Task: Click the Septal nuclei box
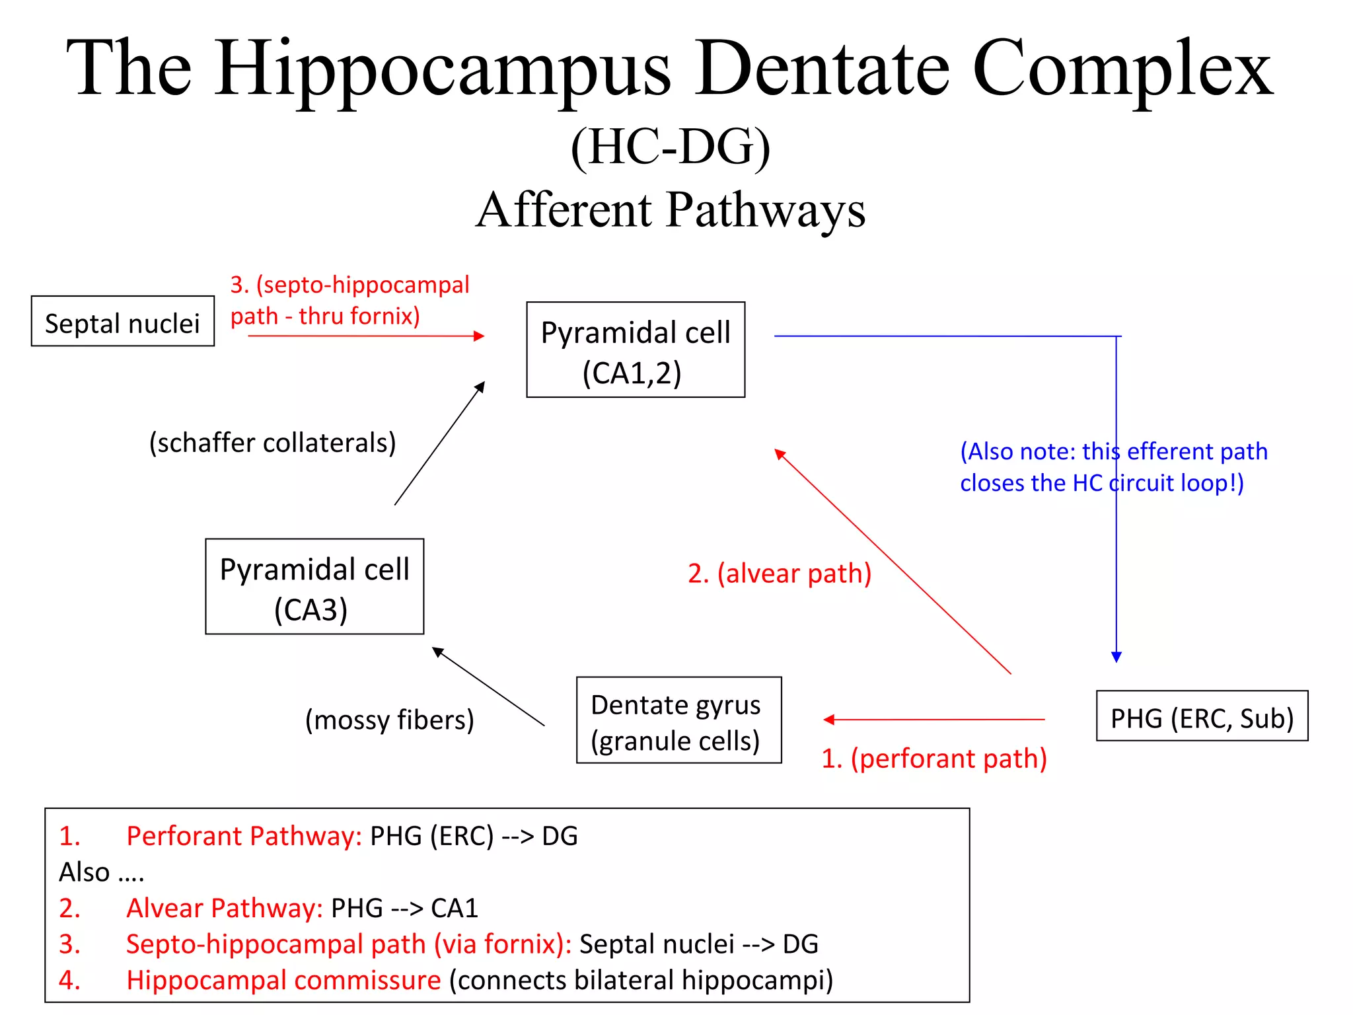point(123,321)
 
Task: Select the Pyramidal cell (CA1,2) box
point(636,350)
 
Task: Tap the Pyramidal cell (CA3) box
point(314,587)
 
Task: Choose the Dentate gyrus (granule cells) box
point(678,720)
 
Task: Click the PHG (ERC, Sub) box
point(1202,716)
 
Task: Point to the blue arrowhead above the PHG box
point(1116,656)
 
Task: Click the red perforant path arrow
point(934,720)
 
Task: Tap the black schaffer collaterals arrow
point(439,443)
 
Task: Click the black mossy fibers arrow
point(488,687)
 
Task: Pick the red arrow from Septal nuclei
point(367,336)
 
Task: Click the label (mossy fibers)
point(389,720)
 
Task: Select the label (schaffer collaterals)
point(272,443)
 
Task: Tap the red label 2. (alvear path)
point(780,574)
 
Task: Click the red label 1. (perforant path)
point(934,759)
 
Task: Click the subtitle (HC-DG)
point(670,147)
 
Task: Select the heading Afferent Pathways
point(670,210)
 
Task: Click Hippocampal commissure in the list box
point(283,980)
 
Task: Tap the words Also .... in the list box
point(102,872)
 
